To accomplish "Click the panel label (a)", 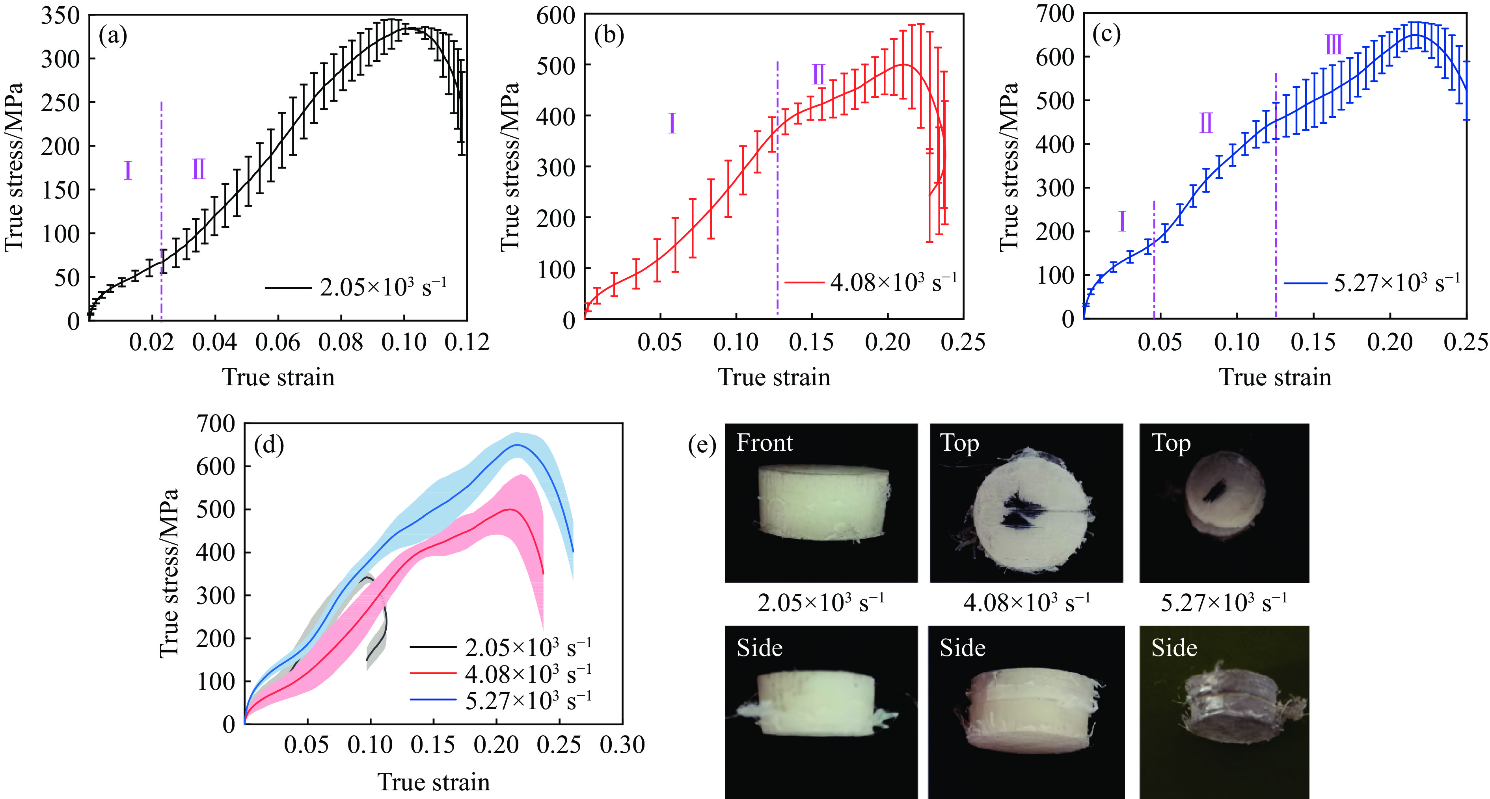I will [x=113, y=36].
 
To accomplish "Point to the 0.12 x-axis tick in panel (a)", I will [x=467, y=342].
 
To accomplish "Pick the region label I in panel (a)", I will [x=128, y=171].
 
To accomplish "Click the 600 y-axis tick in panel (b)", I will [x=555, y=16].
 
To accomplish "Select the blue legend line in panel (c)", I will [x=1305, y=283].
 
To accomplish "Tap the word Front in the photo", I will [x=764, y=443].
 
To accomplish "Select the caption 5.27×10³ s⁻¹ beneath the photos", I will [x=1224, y=603].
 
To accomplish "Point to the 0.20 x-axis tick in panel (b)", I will [x=887, y=342].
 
